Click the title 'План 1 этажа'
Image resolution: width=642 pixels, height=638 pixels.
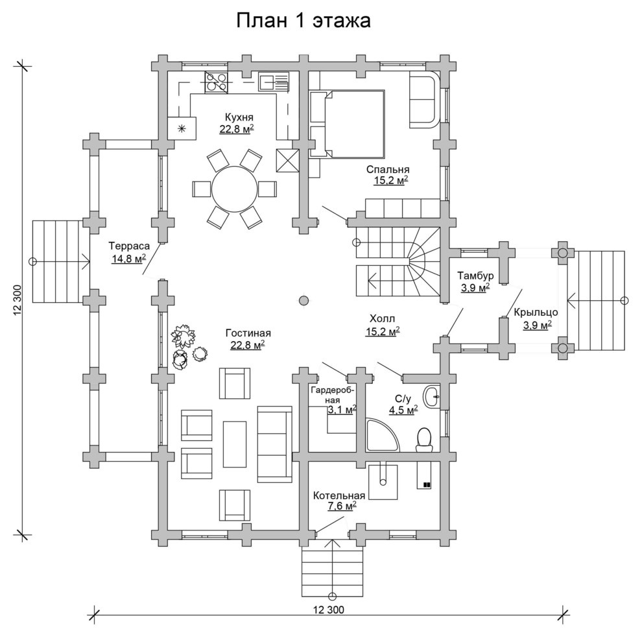(303, 21)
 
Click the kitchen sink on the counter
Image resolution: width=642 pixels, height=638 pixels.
(274, 81)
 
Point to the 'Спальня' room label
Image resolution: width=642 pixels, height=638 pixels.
(388, 169)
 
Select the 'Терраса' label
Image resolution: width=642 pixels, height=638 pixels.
(129, 246)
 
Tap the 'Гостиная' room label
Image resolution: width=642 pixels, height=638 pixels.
(248, 333)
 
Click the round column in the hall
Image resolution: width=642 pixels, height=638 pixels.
(303, 301)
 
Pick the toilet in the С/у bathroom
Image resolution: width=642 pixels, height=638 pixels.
(423, 440)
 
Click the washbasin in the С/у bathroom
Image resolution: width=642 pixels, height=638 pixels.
(433, 396)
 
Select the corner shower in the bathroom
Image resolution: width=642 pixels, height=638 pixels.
(381, 434)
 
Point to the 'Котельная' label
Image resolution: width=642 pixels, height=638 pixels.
(339, 496)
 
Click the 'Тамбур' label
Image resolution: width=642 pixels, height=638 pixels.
(475, 276)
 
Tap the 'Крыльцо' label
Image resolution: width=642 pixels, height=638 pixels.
(536, 313)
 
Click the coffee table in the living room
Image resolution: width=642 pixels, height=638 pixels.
(235, 444)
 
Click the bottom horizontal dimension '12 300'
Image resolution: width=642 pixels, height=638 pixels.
(329, 609)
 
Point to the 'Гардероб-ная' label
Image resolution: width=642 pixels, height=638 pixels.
(333, 394)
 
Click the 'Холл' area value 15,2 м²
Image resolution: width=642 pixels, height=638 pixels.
(383, 331)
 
